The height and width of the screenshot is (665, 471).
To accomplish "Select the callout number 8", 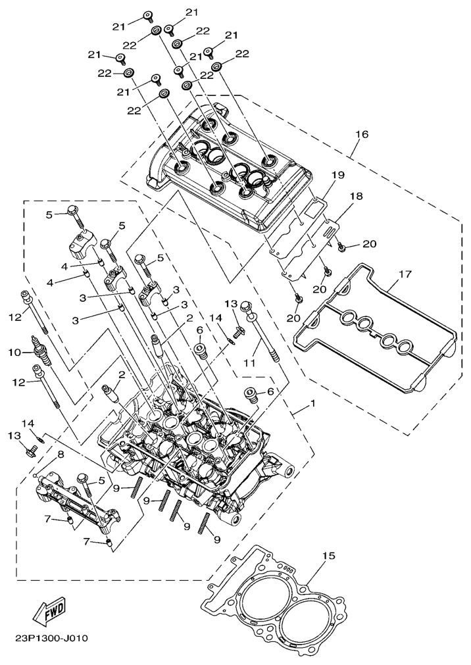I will pyautogui.click(x=61, y=454).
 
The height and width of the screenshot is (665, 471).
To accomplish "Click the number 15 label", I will pyautogui.click(x=328, y=556).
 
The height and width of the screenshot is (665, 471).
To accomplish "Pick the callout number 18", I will pyautogui.click(x=356, y=197).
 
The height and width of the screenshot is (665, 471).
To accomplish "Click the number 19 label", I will pyautogui.click(x=337, y=175).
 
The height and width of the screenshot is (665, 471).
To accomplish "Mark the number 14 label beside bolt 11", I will pyautogui.click(x=215, y=317).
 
